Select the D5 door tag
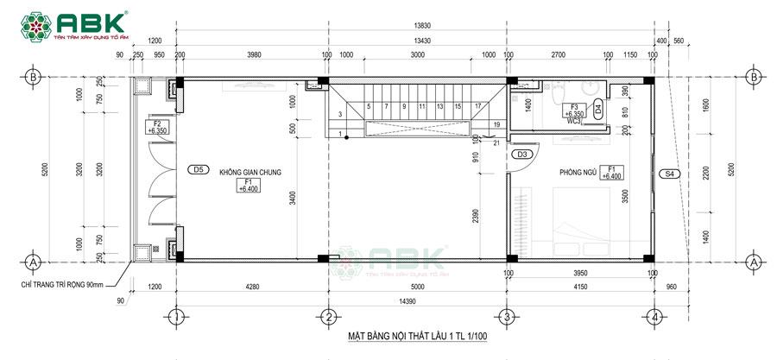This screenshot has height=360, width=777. click(198, 170)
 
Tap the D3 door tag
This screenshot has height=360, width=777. click(521, 155)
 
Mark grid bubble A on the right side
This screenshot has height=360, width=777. click(753, 260)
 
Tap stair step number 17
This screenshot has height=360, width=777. click(477, 106)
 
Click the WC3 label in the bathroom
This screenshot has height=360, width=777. click(575, 121)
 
